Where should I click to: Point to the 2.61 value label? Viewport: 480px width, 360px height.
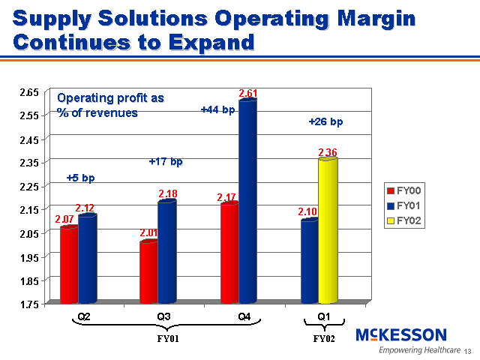point(248,93)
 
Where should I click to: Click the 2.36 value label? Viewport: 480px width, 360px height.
point(328,152)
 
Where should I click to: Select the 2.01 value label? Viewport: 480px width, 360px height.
point(148,233)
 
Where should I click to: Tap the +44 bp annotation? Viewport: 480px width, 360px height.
point(217,109)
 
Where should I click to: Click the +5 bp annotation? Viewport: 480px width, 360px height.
point(80,178)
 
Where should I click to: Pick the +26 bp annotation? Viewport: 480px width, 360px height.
point(325,121)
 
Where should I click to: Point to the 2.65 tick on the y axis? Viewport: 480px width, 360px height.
point(28,91)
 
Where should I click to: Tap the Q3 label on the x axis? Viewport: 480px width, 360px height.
point(164,316)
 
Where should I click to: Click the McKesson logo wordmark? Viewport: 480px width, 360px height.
point(401,335)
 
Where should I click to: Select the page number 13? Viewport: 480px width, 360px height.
point(468,352)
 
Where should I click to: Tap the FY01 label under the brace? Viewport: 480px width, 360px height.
point(166,338)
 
